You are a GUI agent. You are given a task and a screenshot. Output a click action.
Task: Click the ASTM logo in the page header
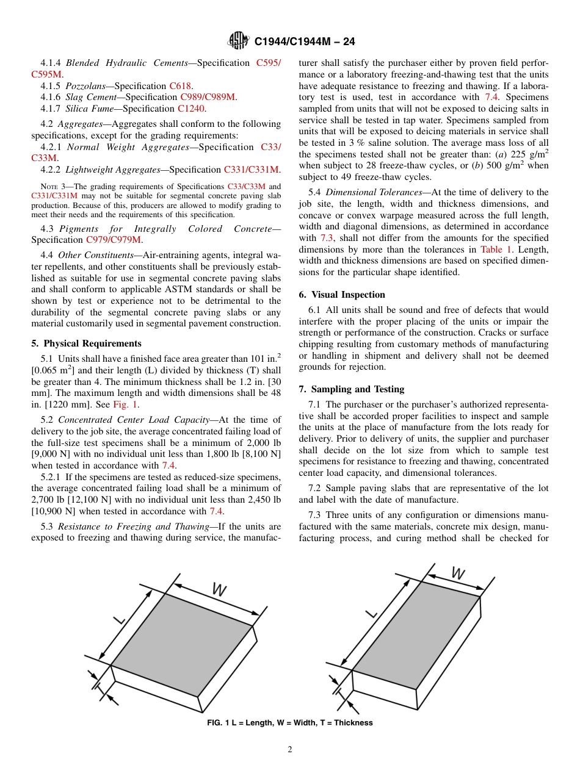[x=238, y=41]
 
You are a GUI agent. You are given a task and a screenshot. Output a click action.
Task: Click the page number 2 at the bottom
[x=290, y=750]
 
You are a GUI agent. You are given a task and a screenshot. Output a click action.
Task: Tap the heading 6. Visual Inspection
[x=342, y=295]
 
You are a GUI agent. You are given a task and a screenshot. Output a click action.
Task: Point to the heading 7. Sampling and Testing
[x=352, y=389]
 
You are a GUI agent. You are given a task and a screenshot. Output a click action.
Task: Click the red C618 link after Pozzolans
[x=181, y=86]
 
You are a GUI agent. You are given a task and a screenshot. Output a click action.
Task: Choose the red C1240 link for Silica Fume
[x=192, y=109]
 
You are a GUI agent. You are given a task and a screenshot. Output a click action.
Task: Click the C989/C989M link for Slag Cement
[x=208, y=97]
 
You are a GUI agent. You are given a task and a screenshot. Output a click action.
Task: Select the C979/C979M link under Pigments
[x=114, y=240]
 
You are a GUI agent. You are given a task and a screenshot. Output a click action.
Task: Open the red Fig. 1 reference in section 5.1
[x=126, y=404]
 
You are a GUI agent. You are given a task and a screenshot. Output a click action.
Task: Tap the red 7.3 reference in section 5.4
[x=327, y=238]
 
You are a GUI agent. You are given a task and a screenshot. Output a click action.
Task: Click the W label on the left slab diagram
[x=219, y=590]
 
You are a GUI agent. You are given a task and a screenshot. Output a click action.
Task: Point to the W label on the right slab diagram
[x=458, y=573]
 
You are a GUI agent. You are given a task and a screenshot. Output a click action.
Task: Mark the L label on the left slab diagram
[x=120, y=619]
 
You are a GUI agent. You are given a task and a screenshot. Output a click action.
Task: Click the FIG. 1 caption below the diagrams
[x=290, y=723]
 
